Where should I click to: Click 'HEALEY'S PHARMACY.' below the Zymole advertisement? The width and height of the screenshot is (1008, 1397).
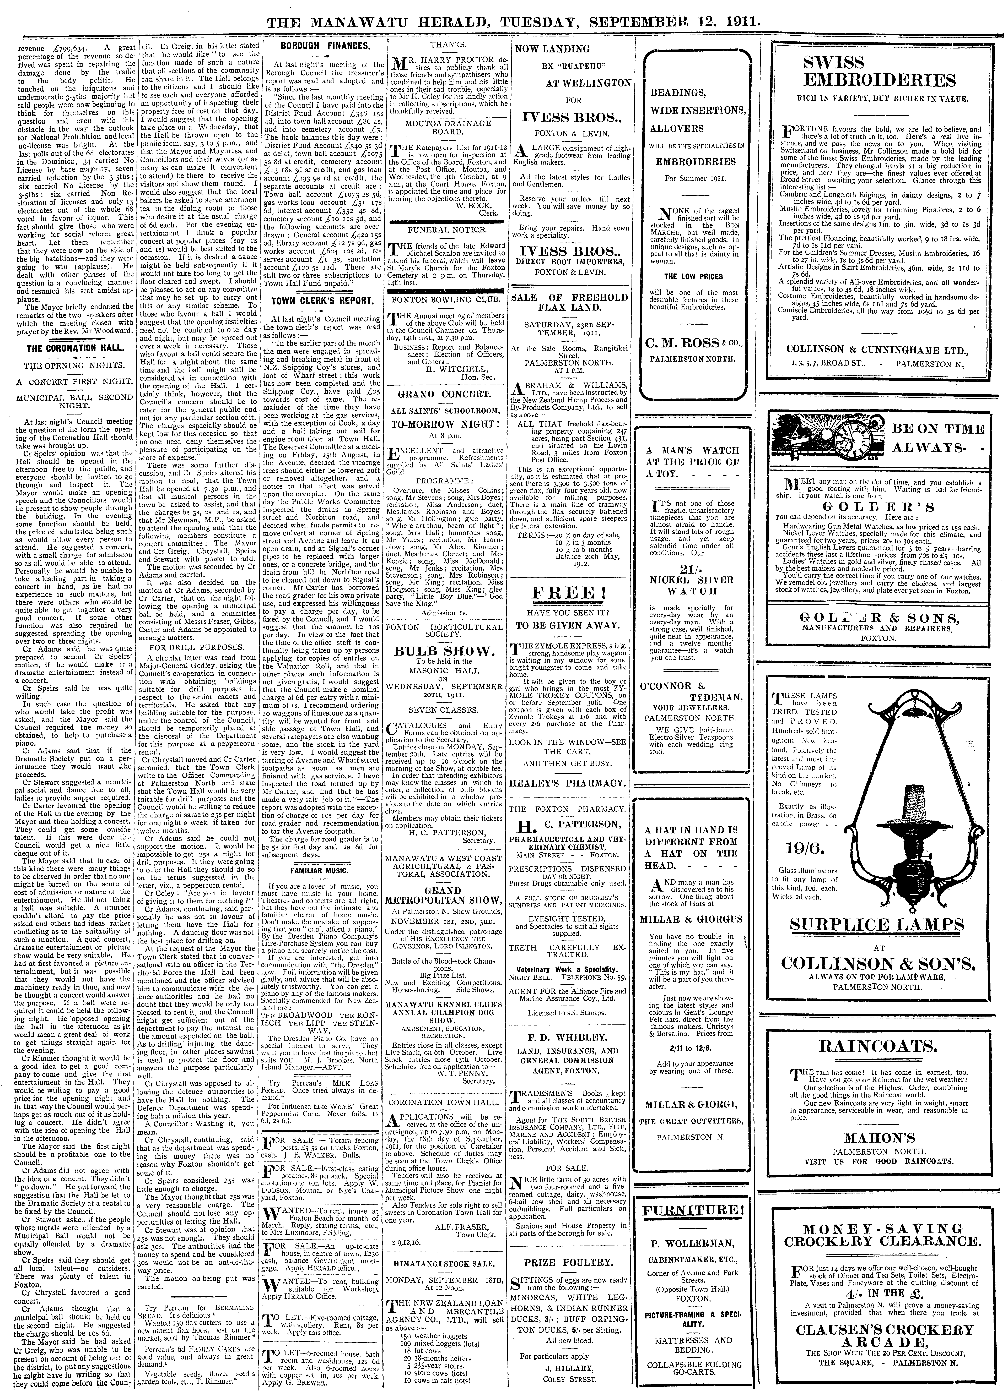(x=572, y=783)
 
